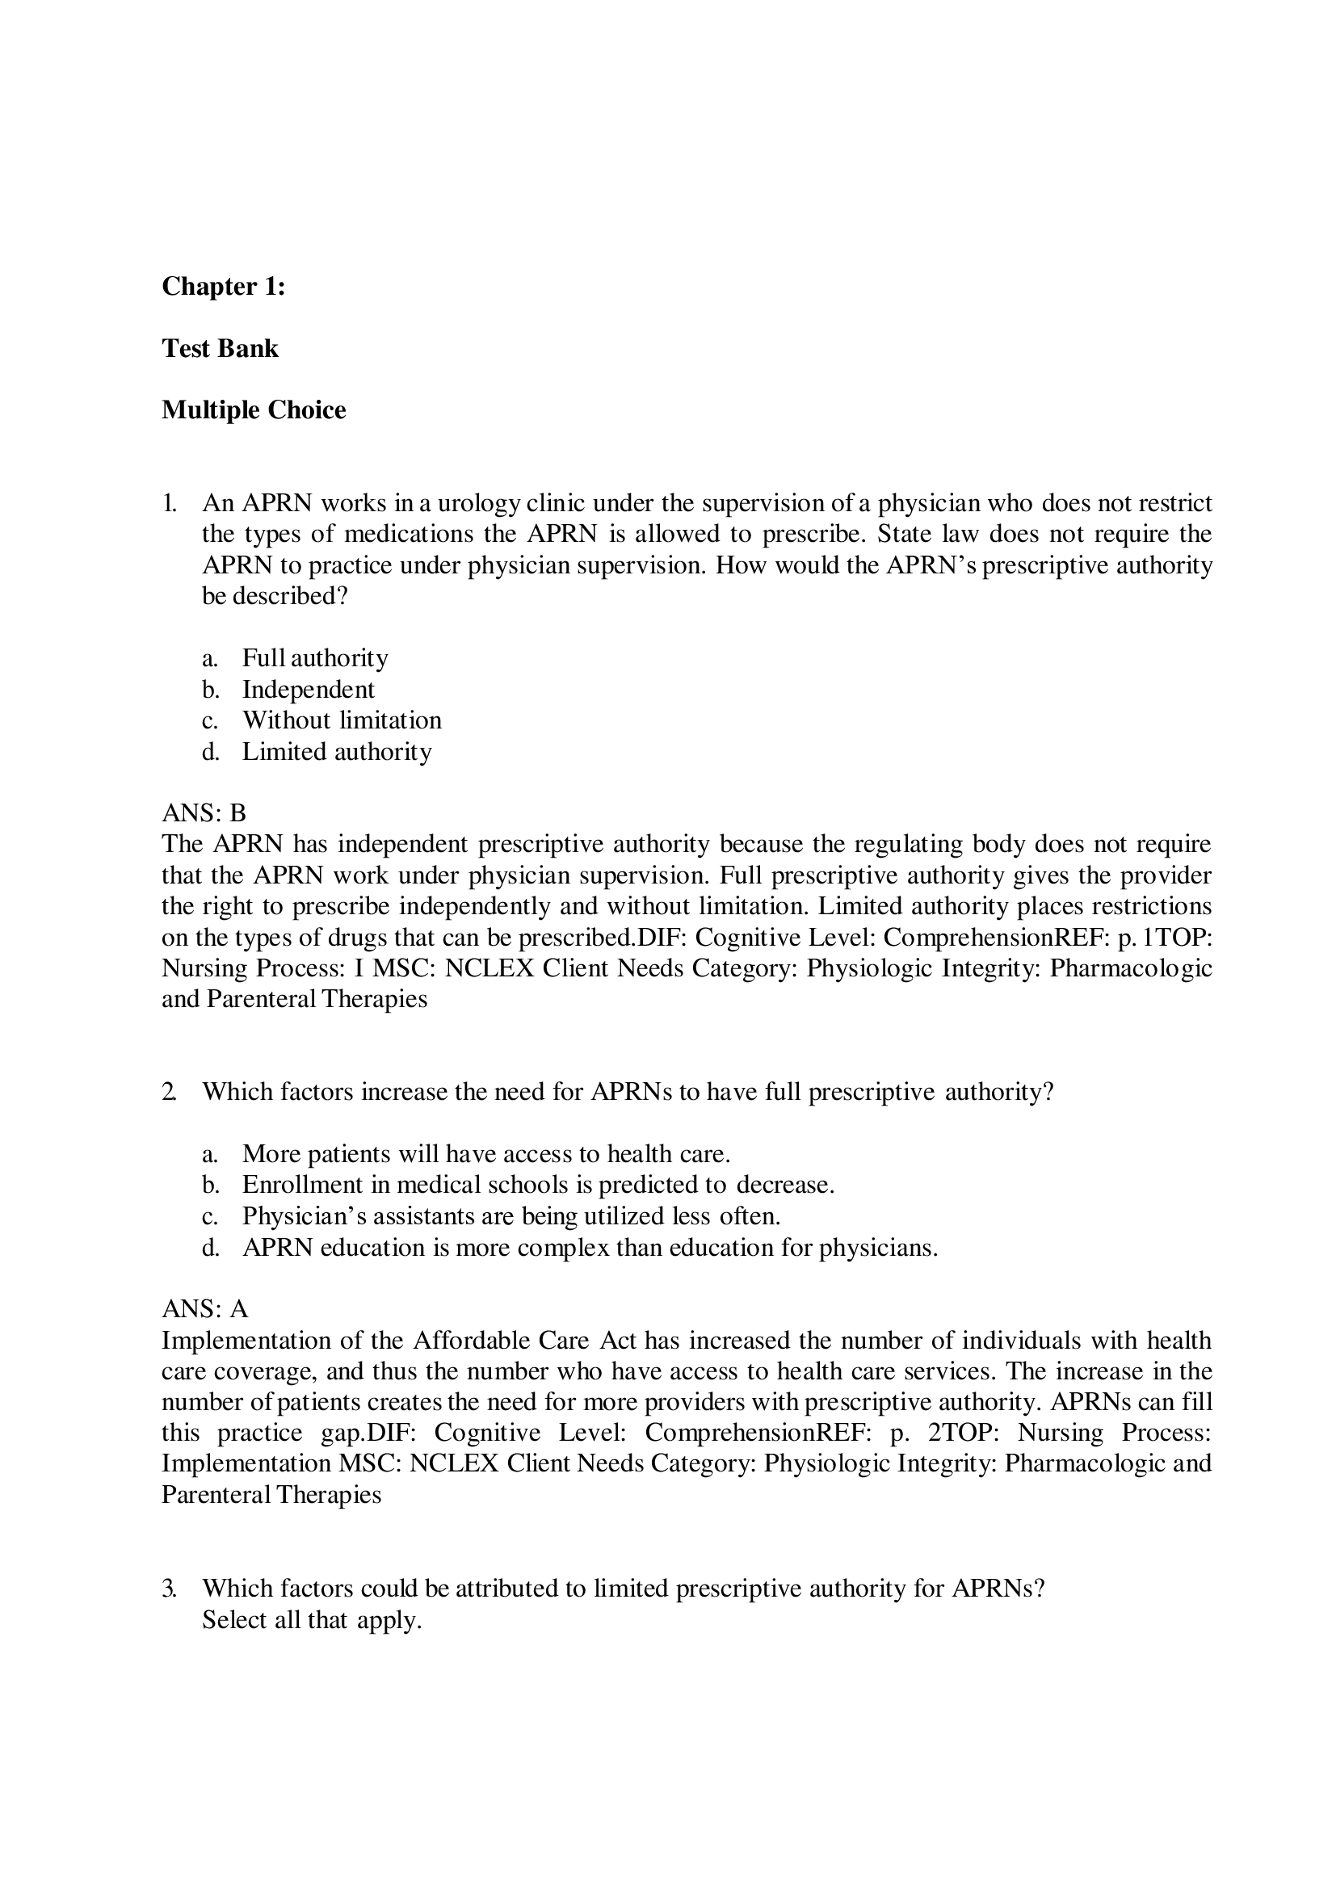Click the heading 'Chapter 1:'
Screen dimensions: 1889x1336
[x=223, y=287]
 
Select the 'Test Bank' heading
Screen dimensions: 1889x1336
[x=220, y=348]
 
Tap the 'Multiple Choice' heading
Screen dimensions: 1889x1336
[x=254, y=409]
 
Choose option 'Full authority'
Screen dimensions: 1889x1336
[x=314, y=658]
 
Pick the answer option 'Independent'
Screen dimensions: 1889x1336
[x=308, y=690]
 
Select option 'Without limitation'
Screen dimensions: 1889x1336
[x=342, y=720]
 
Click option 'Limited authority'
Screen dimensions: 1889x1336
[x=337, y=752]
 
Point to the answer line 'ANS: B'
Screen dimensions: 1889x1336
[x=204, y=814]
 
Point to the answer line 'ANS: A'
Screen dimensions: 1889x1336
[x=204, y=1309]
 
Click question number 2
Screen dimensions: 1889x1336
[x=169, y=1092]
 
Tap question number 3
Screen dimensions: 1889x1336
[x=169, y=1588]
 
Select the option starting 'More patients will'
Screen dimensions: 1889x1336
[x=485, y=1154]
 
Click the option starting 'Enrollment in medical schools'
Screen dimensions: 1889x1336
[x=538, y=1185]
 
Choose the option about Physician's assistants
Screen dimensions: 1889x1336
[x=510, y=1216]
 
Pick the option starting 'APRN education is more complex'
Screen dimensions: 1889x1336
[x=589, y=1247]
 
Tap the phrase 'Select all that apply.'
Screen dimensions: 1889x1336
[x=312, y=1619]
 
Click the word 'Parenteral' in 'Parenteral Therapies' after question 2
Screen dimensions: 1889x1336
[x=216, y=1494]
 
